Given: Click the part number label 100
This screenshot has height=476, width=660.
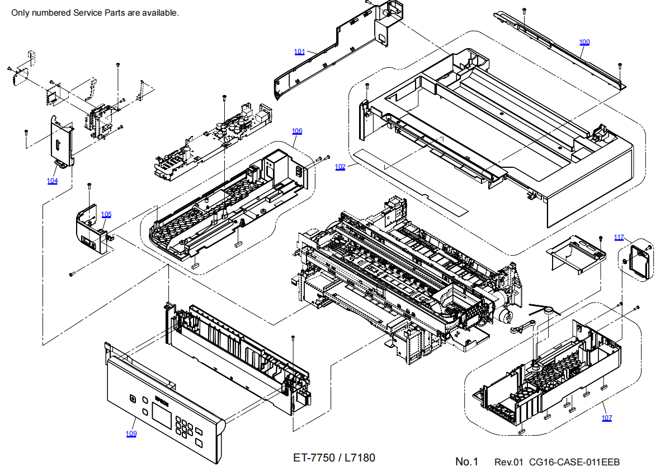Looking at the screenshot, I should [584, 43].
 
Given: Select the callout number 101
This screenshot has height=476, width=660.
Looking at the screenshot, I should [299, 52].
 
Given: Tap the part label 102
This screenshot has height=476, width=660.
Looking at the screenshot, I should [340, 167].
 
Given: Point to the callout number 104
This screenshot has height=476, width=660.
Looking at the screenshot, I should [52, 181].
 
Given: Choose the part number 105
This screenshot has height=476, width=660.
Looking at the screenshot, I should [106, 215].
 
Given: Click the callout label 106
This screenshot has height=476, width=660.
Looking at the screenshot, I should [296, 131].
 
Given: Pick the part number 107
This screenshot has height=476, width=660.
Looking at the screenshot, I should [607, 418].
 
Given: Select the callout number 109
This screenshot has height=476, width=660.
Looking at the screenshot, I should [131, 434].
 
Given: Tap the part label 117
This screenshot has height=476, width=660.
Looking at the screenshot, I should [619, 238].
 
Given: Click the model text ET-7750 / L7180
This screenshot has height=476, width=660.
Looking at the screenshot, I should [334, 458].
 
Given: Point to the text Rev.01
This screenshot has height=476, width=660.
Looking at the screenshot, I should [508, 462].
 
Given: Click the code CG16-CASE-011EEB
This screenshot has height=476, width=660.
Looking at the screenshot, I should [574, 462].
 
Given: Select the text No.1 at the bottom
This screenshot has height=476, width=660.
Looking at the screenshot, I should [466, 461].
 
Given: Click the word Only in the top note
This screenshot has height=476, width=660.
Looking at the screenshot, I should [20, 12].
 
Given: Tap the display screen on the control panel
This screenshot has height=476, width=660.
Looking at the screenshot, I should [162, 414].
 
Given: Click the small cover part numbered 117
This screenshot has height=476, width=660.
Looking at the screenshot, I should [639, 261].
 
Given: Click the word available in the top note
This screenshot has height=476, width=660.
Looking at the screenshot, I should [161, 12].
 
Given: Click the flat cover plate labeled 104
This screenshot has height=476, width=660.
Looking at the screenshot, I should [62, 143].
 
